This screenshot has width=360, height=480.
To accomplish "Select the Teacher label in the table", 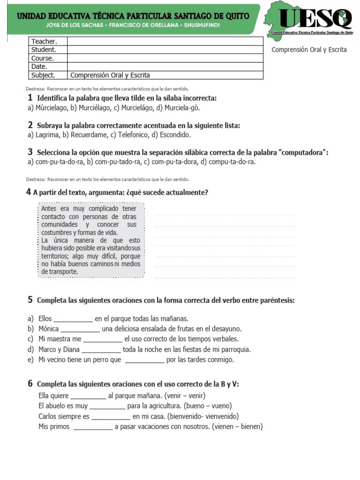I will pyautogui.click(x=44, y=42).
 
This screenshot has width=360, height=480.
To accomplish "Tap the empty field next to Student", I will pyautogui.click(x=165, y=50).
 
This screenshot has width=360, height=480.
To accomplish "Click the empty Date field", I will pyautogui.click(x=165, y=67).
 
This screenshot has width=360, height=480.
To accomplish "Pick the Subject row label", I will pyautogui.click(x=43, y=75).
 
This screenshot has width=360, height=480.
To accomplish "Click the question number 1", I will pyautogui.click(x=30, y=98).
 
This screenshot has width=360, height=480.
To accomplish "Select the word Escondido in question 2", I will pyautogui.click(x=175, y=135).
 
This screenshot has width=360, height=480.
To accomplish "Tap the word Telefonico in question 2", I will pyautogui.click(x=129, y=135).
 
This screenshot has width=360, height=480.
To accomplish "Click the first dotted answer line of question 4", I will pyautogui.click(x=225, y=215).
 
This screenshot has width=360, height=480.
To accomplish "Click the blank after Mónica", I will pyautogui.click(x=80, y=329).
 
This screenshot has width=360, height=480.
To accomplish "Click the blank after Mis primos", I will pyautogui.click(x=93, y=427).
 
